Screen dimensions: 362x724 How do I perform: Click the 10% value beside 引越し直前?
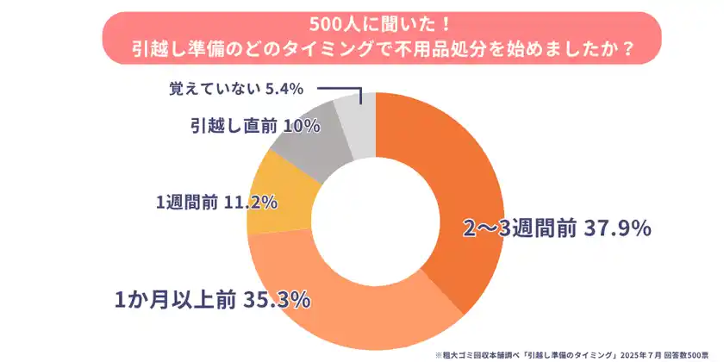(x=302, y=125)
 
